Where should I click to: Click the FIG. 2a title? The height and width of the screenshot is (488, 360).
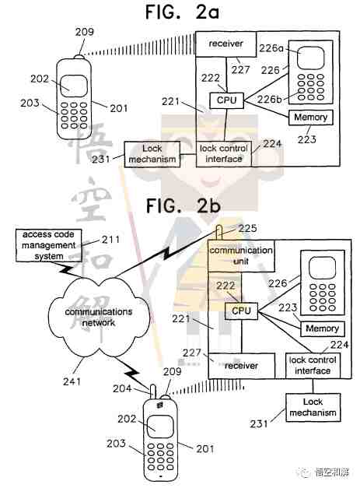[183, 12]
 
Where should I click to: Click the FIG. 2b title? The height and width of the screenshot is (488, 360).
[183, 205]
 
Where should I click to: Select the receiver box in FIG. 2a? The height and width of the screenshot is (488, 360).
[226, 44]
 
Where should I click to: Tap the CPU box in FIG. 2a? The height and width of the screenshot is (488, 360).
[226, 100]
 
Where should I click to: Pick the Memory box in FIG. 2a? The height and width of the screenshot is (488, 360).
[310, 118]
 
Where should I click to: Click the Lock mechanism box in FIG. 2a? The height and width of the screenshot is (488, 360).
[152, 154]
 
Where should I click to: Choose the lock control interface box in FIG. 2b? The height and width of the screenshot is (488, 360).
[313, 366]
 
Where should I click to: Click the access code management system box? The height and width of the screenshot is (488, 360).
[49, 245]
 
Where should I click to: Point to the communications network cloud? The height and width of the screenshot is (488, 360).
[99, 317]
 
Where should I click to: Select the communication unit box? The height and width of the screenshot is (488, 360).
[241, 256]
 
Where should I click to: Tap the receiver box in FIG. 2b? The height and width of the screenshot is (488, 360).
[242, 366]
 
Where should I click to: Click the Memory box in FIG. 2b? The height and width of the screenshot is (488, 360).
[323, 328]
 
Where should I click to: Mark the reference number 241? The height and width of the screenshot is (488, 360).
[72, 381]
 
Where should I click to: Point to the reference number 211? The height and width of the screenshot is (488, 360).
[110, 240]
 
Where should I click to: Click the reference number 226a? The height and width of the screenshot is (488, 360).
[271, 48]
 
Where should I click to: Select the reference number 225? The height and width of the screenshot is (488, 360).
[247, 228]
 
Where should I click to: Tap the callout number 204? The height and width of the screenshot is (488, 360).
[122, 388]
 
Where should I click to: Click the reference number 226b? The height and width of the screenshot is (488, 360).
[269, 100]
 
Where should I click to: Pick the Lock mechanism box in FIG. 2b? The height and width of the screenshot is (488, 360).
[313, 408]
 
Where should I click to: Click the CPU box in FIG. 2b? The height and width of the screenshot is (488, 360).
[241, 311]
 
